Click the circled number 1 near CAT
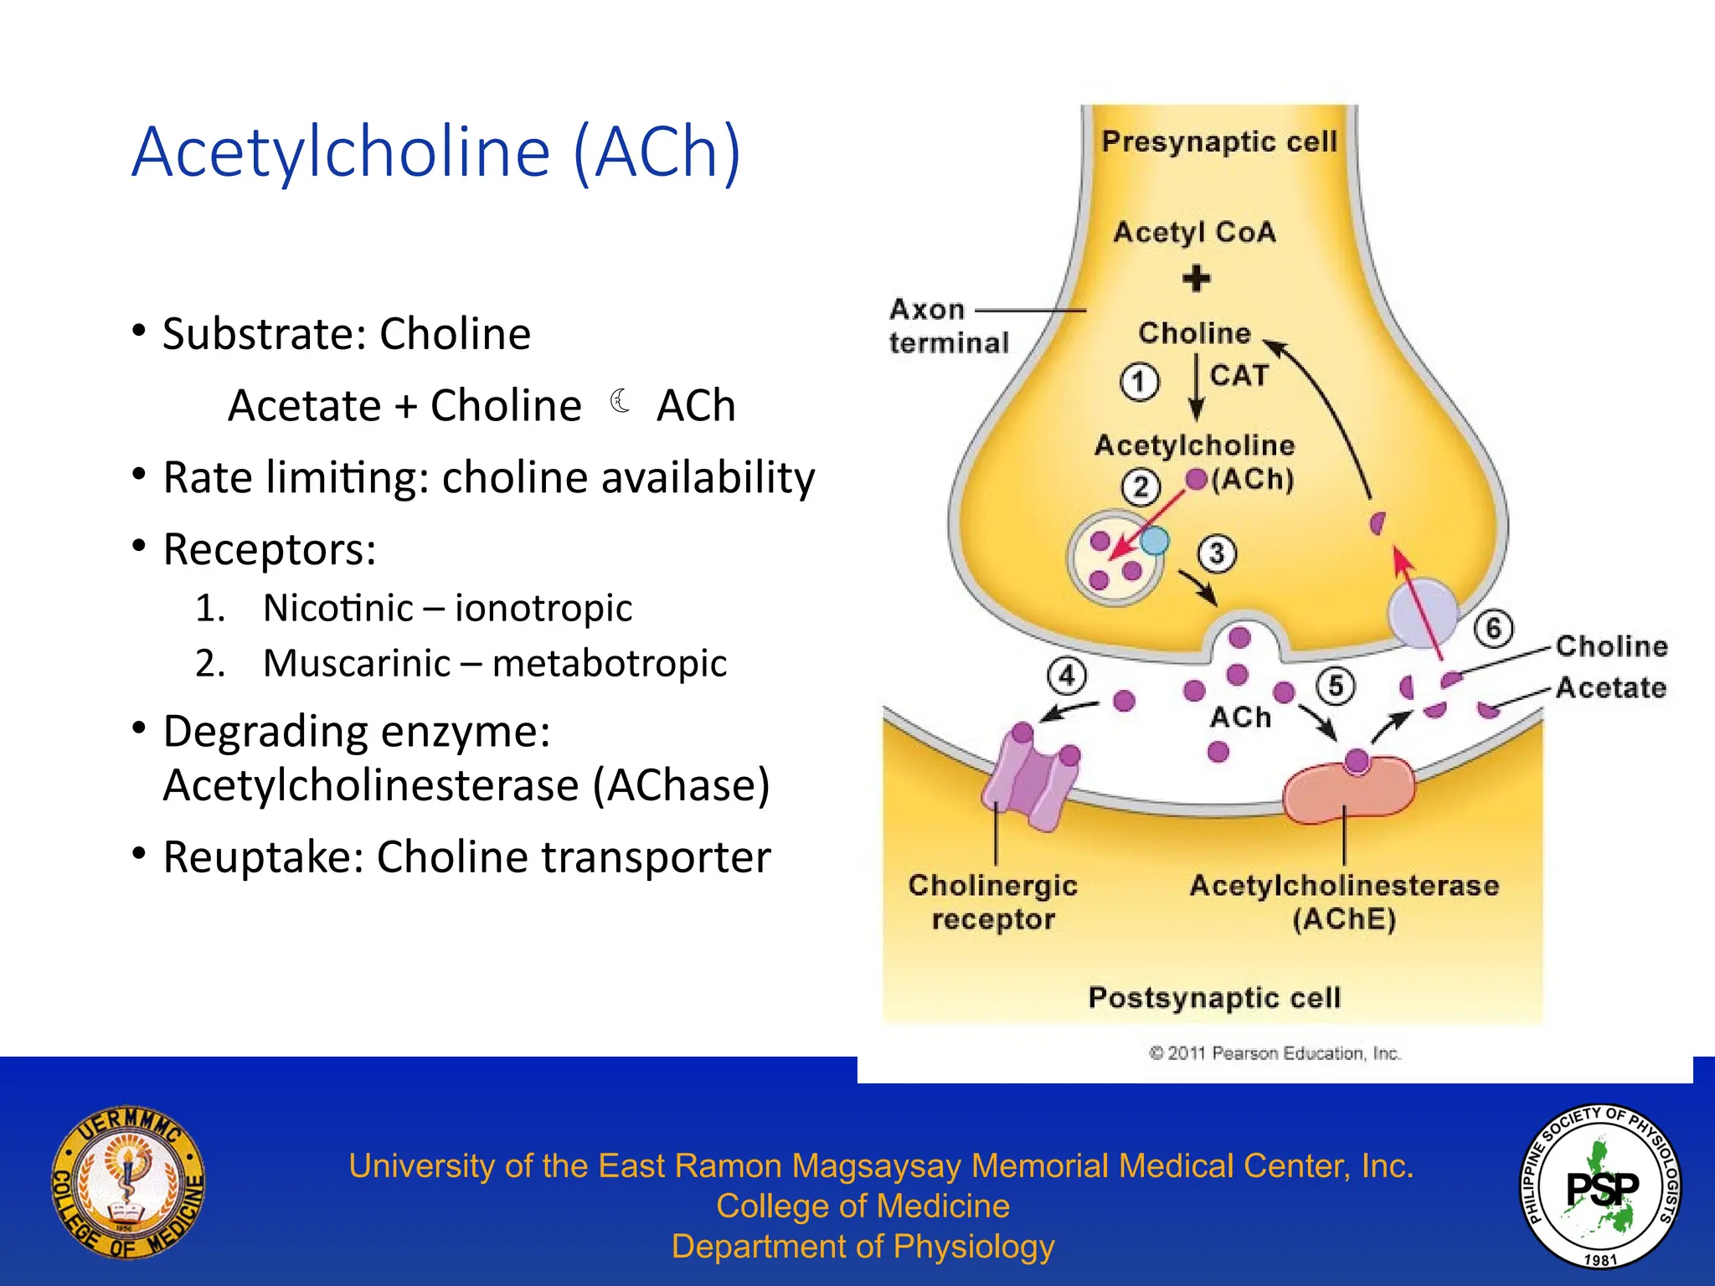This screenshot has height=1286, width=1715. point(1139,383)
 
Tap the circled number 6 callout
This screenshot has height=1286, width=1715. point(1493,628)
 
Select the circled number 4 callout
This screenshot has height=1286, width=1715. point(1067,676)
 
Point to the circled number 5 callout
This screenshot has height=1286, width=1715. point(1336,686)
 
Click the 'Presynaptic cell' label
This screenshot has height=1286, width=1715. point(1218,142)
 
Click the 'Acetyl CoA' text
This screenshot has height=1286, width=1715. point(1194,232)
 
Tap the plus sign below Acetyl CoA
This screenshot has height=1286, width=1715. point(1197,279)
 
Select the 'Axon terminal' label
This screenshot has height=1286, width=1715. point(948,326)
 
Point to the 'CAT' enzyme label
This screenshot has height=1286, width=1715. point(1239,375)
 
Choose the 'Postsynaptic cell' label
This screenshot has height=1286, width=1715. point(1214,998)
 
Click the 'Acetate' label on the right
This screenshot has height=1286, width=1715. point(1610,687)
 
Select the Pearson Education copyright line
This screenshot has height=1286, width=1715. point(1275,1053)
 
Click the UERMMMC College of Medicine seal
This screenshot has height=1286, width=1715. point(127,1181)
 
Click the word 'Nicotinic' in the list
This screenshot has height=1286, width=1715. point(337,608)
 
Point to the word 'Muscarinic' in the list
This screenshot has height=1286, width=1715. point(357,663)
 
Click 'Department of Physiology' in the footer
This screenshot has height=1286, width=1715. point(863,1247)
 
